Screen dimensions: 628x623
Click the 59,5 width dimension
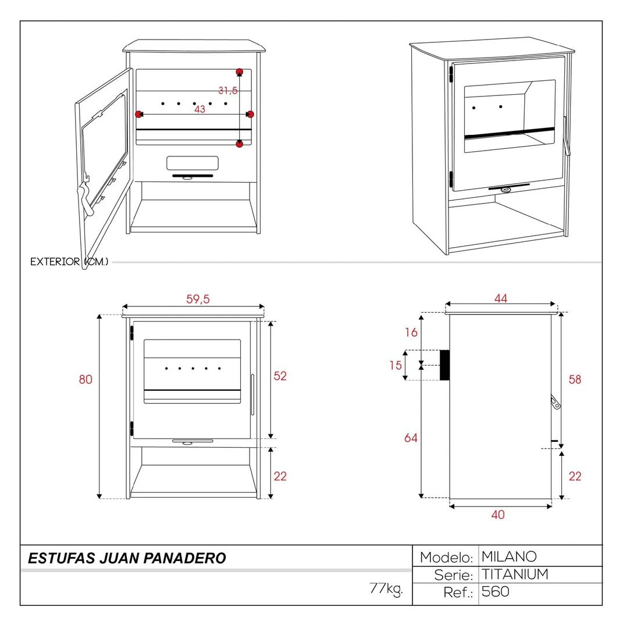click(x=198, y=299)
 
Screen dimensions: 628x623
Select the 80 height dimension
click(x=86, y=379)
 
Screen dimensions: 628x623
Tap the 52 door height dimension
click(x=280, y=376)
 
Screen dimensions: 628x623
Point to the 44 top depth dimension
click(x=501, y=298)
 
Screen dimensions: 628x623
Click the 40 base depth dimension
click(x=498, y=515)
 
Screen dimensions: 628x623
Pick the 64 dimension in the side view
click(x=411, y=438)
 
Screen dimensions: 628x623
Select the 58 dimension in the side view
click(x=575, y=380)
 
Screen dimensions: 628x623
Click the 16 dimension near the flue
click(x=411, y=333)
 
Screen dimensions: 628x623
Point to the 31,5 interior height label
click(x=227, y=91)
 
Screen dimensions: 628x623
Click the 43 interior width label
click(x=200, y=109)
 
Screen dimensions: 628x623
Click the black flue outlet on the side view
click(x=444, y=365)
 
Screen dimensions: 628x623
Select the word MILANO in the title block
click(x=509, y=556)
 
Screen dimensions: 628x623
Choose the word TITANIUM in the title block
click(x=515, y=575)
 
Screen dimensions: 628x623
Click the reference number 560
click(x=496, y=592)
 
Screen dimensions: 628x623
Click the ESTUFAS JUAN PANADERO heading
click(x=127, y=558)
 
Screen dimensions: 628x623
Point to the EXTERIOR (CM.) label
click(x=69, y=262)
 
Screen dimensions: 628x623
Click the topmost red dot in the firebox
click(x=239, y=72)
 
